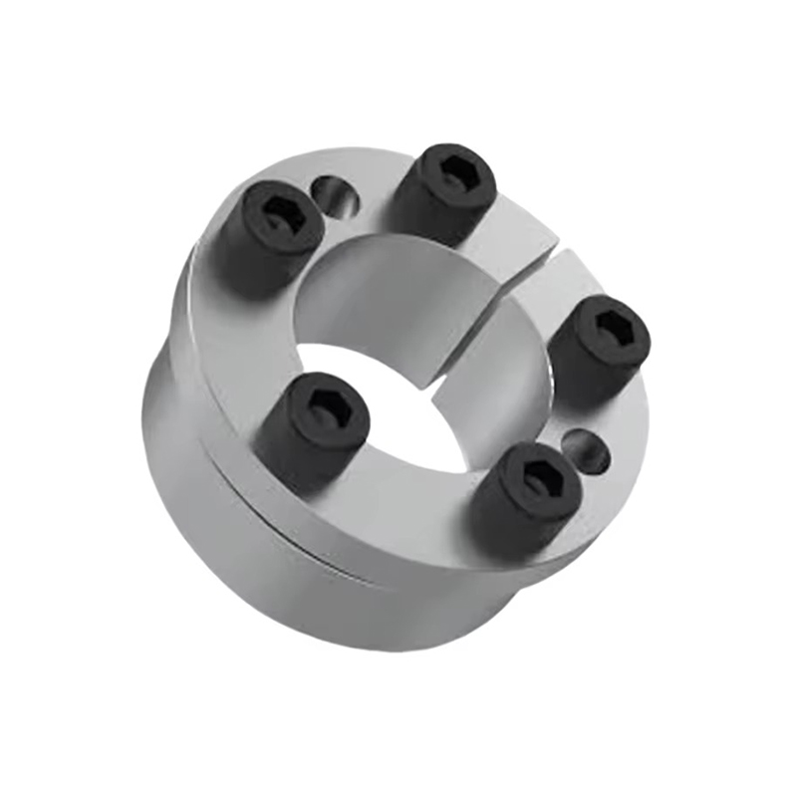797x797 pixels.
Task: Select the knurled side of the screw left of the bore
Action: (x=299, y=453)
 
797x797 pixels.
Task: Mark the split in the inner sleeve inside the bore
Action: (x=438, y=384)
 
